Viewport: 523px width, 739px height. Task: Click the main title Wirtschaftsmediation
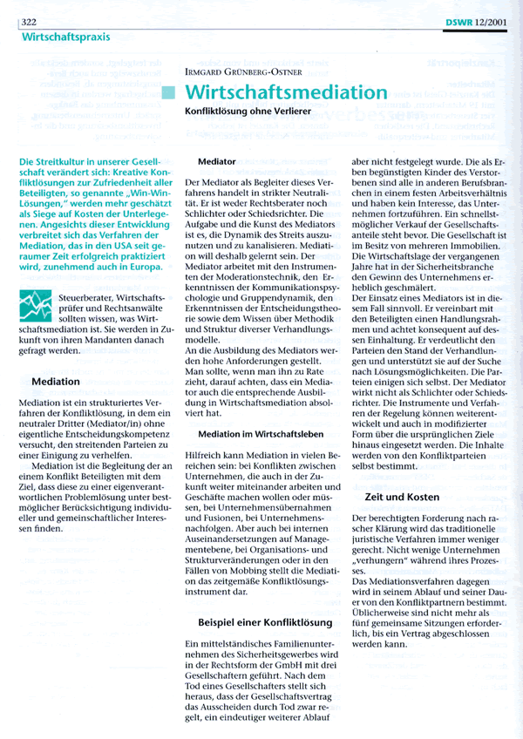[287, 92]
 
